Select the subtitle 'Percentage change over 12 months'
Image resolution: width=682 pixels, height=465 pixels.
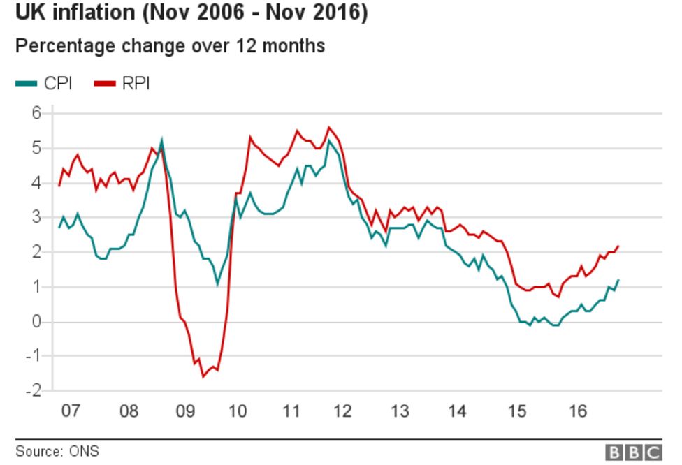(170, 46)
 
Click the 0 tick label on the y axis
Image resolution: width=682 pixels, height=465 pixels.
(37, 322)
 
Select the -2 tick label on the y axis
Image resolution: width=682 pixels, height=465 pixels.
(33, 391)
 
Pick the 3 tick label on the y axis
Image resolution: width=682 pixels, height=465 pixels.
(37, 218)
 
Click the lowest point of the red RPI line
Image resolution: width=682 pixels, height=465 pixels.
(203, 377)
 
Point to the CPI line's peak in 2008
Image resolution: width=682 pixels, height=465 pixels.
(162, 140)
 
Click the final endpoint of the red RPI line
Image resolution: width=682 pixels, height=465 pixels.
(618, 246)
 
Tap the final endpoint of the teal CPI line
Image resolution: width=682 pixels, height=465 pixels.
(618, 280)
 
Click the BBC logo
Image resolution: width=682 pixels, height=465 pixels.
(633, 452)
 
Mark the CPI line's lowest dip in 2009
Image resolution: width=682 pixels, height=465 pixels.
(217, 284)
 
